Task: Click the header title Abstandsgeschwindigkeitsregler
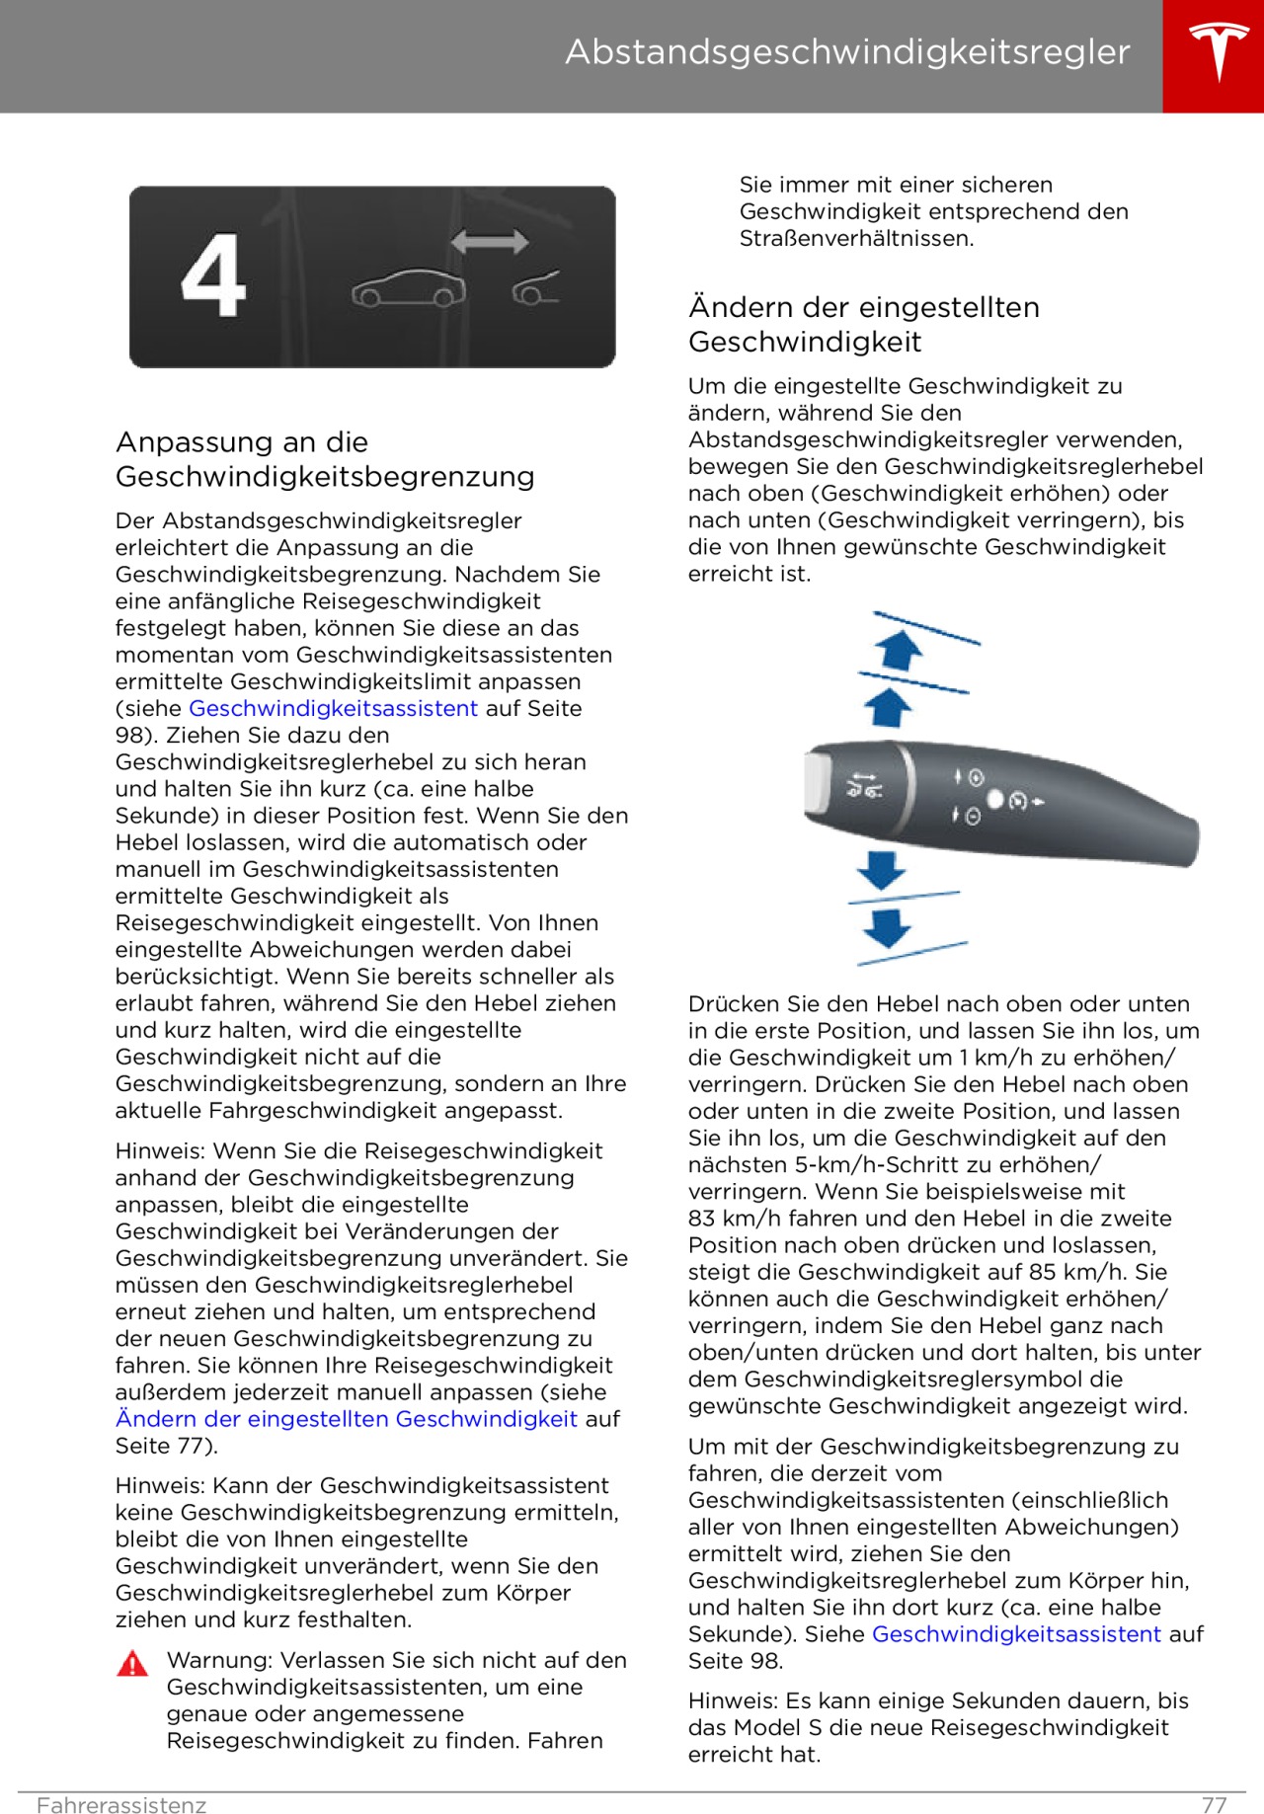click(847, 52)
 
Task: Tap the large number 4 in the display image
click(213, 276)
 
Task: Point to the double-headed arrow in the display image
click(489, 242)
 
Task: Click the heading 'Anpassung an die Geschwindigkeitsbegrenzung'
click(325, 459)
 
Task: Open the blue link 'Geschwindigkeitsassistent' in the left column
click(333, 708)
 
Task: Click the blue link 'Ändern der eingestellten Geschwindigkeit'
click(347, 1419)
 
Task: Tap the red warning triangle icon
click(132, 1664)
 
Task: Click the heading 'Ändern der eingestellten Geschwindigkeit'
click(864, 324)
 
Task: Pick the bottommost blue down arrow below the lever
click(886, 927)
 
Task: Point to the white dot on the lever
click(995, 799)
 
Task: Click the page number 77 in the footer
click(1214, 1805)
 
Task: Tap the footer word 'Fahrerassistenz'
click(121, 1805)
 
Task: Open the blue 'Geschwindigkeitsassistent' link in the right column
click(1016, 1634)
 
